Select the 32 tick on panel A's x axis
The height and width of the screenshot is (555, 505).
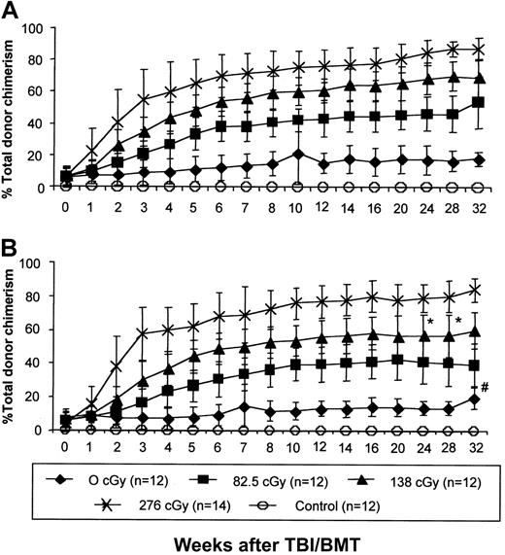(x=477, y=207)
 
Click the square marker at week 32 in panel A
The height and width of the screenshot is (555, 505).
(x=477, y=102)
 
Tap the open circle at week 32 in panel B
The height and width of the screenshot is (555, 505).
(x=477, y=429)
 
